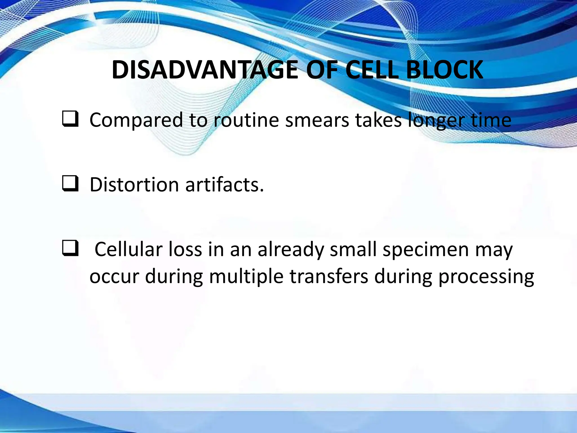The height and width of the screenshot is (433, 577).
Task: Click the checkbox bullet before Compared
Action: pos(70,119)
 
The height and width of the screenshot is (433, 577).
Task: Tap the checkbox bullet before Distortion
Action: pos(70,184)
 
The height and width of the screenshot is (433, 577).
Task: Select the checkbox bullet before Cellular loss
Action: pos(70,248)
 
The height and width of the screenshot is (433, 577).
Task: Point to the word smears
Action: pos(317,120)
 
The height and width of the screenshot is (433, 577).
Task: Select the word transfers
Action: pos(329,276)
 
